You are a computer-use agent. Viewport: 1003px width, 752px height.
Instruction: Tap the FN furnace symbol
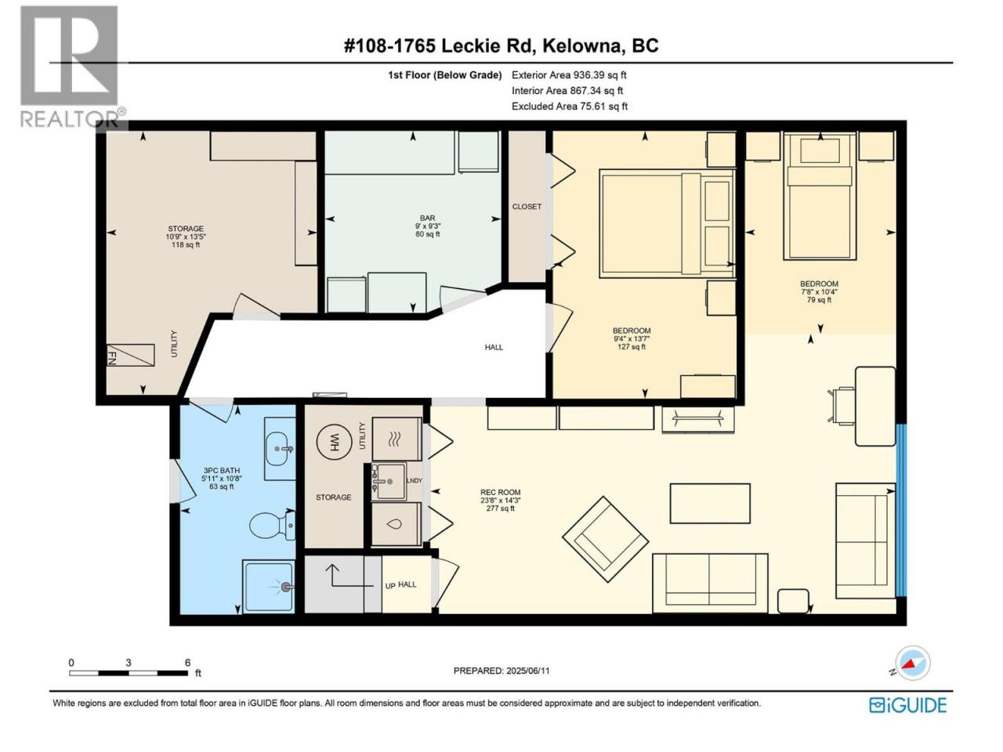[x=130, y=355]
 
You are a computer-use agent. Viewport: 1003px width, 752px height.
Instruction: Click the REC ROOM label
[x=501, y=492]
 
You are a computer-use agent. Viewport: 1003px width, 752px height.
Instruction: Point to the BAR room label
[x=428, y=219]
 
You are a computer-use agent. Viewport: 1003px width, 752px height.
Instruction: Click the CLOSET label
[x=527, y=206]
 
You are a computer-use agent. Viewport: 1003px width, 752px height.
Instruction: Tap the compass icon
[x=913, y=663]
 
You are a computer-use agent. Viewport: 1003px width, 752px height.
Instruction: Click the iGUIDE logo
[x=907, y=706]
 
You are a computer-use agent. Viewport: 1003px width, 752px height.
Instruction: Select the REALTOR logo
[x=70, y=67]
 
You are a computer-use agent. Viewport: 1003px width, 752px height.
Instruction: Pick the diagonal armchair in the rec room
[x=605, y=539]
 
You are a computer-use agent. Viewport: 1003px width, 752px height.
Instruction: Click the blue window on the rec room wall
[x=900, y=510]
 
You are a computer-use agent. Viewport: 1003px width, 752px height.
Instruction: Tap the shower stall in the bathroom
[x=268, y=586]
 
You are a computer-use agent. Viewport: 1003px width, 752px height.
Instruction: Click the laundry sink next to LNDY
[x=389, y=481]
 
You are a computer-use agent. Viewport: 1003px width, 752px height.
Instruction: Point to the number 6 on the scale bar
[x=188, y=663]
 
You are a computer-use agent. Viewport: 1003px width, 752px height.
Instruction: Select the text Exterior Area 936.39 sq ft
[x=569, y=75]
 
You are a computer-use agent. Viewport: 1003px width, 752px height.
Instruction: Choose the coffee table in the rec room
[x=710, y=503]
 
